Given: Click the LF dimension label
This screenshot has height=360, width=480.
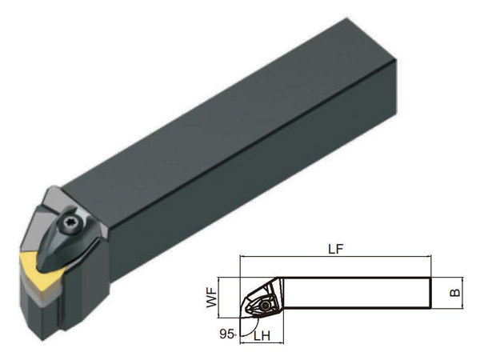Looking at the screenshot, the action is tap(336, 249).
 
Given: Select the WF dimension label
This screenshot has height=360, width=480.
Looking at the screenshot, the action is tap(211, 298).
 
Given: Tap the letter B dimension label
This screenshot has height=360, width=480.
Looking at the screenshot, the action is tap(455, 293).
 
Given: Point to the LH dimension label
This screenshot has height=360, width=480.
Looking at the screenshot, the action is tap(262, 336).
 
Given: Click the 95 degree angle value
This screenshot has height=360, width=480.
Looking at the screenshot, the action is tap(226, 334).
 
